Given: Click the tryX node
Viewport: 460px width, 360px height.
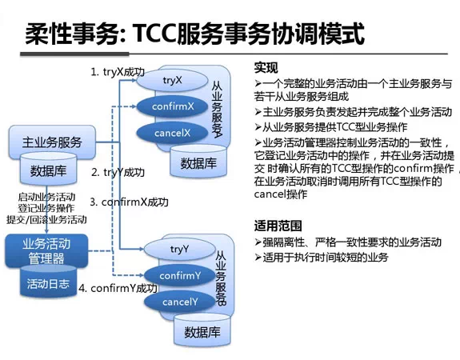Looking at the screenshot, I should point(172,81).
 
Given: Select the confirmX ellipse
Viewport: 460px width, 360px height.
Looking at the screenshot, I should point(172,106).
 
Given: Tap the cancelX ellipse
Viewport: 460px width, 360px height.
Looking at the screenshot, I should point(172,132).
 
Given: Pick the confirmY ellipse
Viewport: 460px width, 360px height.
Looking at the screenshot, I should point(179,276).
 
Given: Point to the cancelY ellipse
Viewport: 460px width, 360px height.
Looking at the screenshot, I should point(179,302).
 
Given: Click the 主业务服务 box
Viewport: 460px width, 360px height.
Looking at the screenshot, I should point(54,142).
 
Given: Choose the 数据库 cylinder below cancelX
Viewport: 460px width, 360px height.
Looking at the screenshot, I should point(197,163).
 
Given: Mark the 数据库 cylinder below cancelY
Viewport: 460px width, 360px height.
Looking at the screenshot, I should point(201,331).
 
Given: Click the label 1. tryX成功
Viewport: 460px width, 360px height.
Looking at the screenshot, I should point(118,72).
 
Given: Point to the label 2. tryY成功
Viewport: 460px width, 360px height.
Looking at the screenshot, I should point(118,172).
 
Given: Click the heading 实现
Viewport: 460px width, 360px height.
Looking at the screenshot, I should point(266,66).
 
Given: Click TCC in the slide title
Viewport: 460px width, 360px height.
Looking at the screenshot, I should point(158,34).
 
